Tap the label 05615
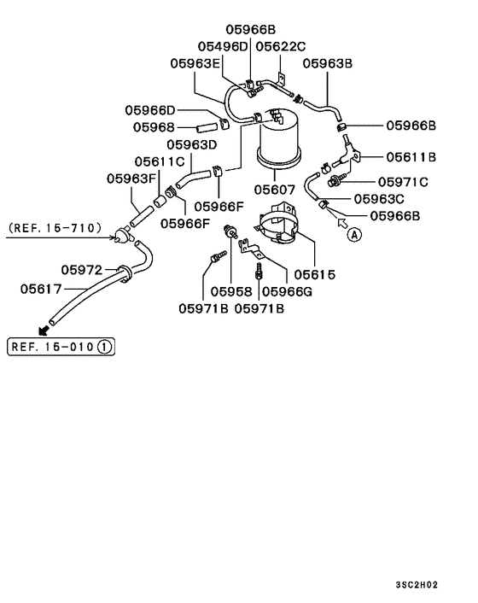(315, 275)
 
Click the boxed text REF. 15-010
(61, 347)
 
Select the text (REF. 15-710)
(54, 228)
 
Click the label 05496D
(223, 45)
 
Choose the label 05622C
(282, 45)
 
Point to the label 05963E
(195, 62)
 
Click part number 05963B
(329, 62)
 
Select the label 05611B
(411, 156)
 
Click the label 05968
(154, 127)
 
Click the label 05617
(42, 289)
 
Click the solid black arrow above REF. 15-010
(44, 330)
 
